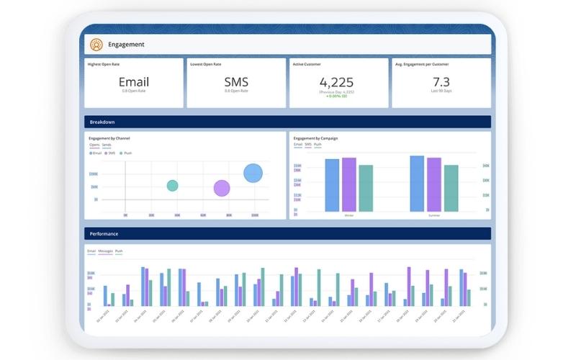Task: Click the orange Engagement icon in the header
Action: (96, 45)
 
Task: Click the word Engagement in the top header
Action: (126, 45)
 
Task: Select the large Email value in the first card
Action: (134, 82)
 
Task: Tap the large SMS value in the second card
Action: (236, 82)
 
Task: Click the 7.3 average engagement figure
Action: (441, 81)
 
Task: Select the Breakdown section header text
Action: (102, 122)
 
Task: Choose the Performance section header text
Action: (104, 234)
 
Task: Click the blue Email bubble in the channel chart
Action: (253, 173)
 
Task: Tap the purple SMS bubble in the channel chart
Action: (222, 189)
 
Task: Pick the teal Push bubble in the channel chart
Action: (172, 186)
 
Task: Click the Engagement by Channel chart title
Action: (109, 138)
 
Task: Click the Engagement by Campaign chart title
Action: (315, 138)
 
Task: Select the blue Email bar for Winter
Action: (332, 185)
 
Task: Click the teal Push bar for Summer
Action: (451, 188)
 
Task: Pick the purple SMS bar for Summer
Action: (434, 184)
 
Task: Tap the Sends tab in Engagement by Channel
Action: (107, 145)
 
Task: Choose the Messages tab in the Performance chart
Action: (105, 251)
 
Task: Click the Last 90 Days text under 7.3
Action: (441, 91)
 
